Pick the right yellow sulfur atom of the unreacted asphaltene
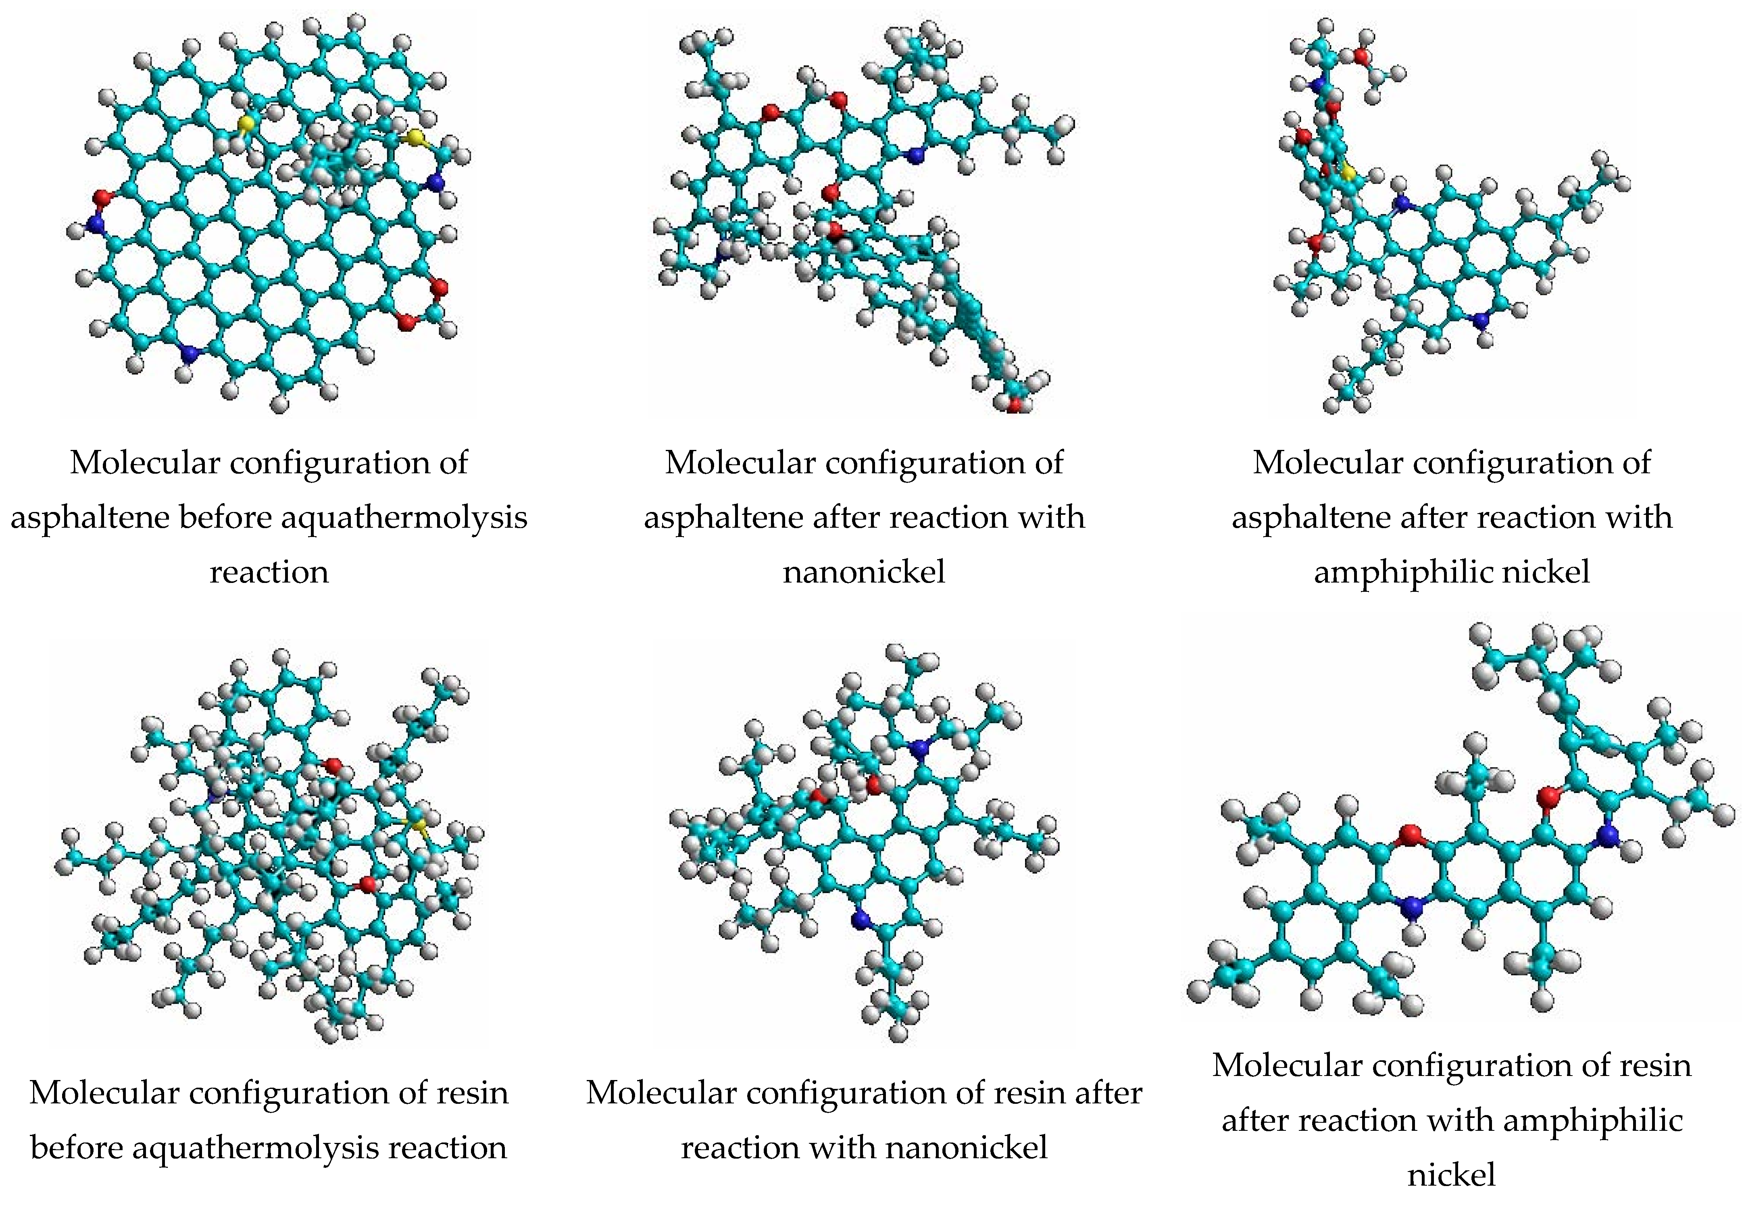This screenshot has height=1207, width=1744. pos(415,137)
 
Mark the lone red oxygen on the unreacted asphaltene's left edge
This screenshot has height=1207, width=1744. pos(101,198)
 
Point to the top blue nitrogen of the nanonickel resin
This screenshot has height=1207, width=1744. pos(919,749)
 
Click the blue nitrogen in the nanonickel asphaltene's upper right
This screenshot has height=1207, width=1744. pos(916,156)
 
